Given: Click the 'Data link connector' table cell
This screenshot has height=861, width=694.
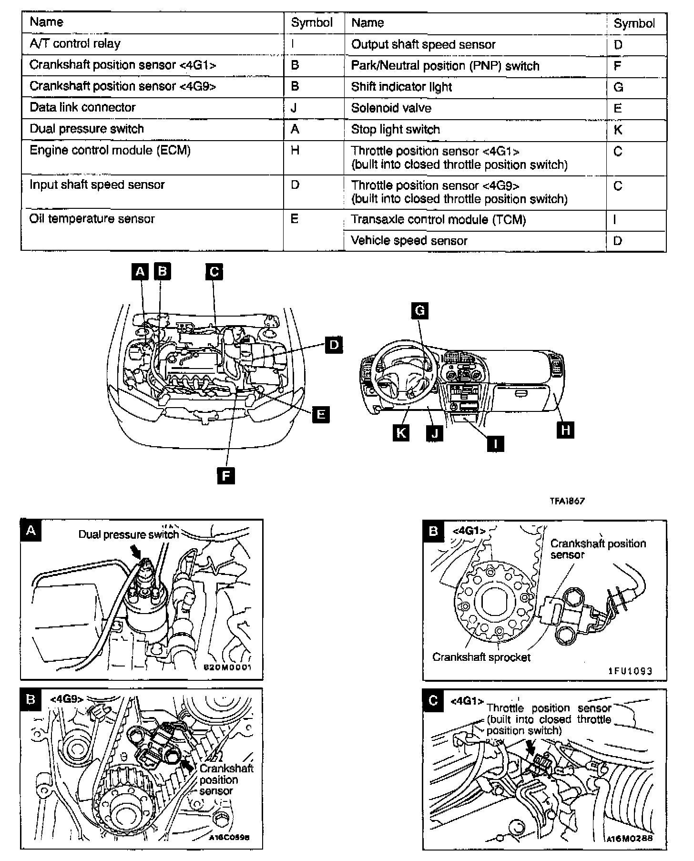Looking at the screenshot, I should [82, 107].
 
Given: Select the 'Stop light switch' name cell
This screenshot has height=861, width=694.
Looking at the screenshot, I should [395, 129].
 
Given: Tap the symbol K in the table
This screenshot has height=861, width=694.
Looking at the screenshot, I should [618, 130].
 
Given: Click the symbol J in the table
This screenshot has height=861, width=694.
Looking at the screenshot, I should [294, 108].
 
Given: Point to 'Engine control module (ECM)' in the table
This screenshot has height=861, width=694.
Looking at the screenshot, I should [110, 151].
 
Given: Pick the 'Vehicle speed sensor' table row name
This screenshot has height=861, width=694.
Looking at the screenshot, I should [409, 241].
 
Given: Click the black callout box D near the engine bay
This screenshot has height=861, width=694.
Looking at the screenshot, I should [334, 345].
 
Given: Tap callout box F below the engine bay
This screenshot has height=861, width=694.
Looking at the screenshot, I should [225, 475].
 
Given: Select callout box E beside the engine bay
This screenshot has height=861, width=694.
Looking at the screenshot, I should [320, 414].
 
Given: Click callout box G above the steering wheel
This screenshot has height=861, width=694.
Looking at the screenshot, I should [419, 311].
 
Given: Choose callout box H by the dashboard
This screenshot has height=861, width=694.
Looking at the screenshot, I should [565, 430].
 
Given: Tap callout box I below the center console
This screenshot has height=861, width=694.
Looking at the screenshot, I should [496, 444].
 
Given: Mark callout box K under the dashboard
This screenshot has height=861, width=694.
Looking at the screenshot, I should [401, 432].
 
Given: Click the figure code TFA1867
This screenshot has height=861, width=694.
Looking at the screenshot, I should [567, 501].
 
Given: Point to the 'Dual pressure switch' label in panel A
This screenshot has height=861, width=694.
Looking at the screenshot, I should [128, 534].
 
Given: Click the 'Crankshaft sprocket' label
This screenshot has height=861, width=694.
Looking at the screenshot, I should [481, 657].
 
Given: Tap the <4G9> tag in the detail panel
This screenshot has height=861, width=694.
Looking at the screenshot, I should [67, 699].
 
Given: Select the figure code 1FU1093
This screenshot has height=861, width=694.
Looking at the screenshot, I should [630, 671].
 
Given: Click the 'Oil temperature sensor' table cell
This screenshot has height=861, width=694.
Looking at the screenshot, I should [92, 219].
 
